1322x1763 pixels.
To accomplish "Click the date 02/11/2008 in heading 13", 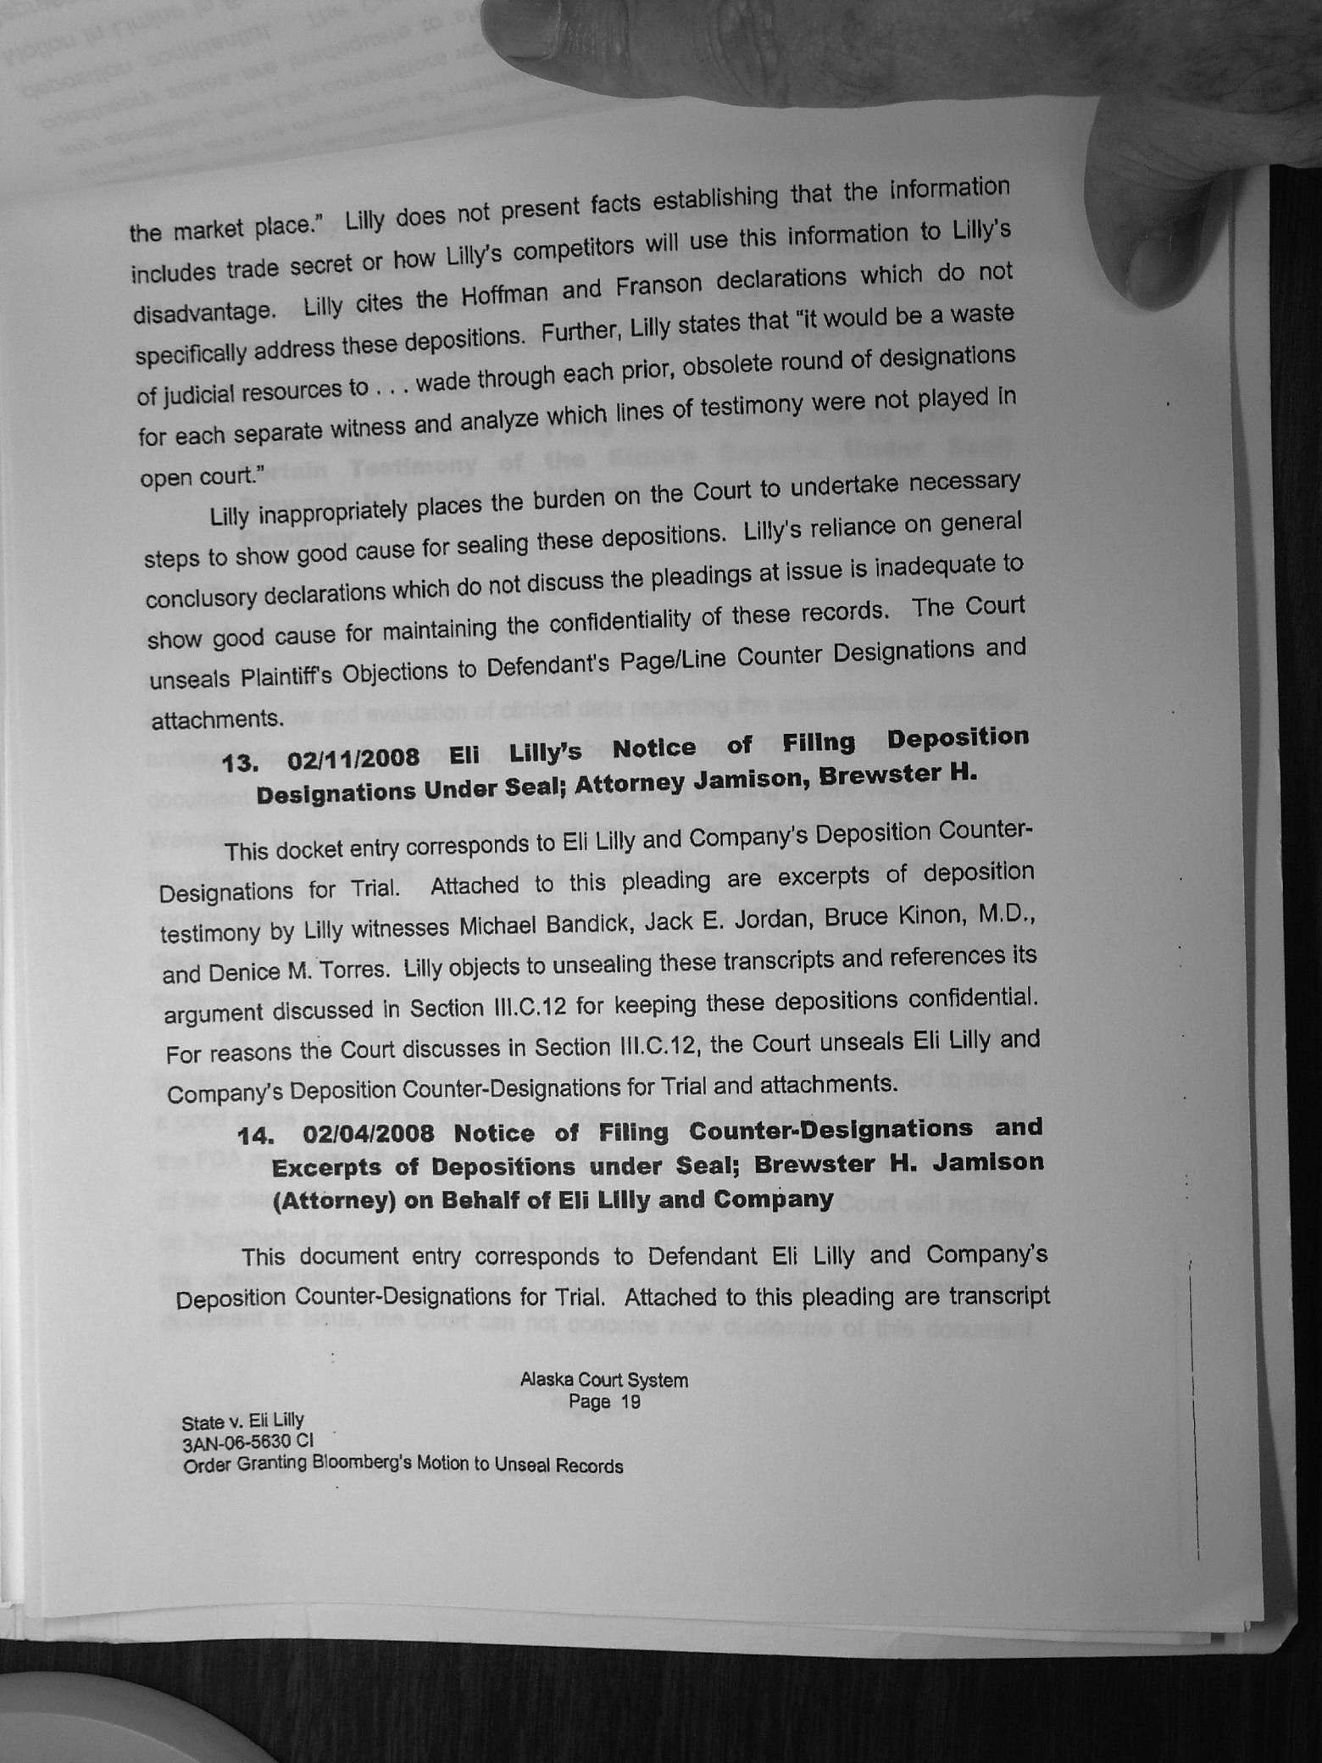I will tap(353, 757).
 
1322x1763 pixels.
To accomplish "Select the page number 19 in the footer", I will tap(630, 1401).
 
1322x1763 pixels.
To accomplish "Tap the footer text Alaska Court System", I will tap(603, 1380).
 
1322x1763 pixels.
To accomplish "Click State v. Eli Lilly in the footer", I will tap(243, 1421).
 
